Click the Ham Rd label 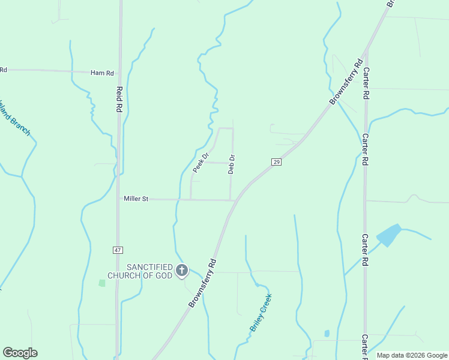pos(102,73)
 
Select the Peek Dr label pos(200,163)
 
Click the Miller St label pos(136,199)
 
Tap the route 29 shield pos(276,162)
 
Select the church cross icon pos(182,271)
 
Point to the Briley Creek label pos(261,313)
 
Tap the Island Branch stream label pos(13,118)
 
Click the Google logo pos(20,353)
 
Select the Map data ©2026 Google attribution pos(412,355)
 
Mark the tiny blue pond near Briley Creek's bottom pos(327,333)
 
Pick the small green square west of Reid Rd pos(101,283)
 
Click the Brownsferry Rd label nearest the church pos(202,283)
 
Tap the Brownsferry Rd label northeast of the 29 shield pos(347,82)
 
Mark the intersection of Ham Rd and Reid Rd pos(119,73)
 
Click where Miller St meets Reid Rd pos(118,199)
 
